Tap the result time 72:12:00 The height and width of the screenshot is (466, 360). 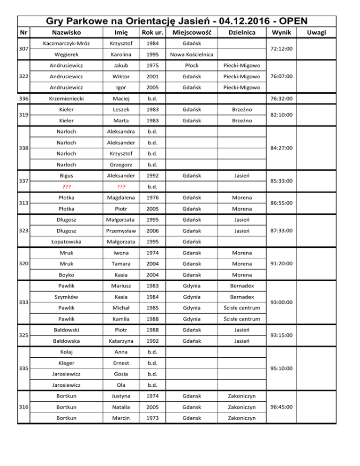[x=280, y=49]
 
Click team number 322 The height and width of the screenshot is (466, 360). [x=21, y=76]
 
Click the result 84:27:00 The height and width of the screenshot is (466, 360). [x=280, y=148]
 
